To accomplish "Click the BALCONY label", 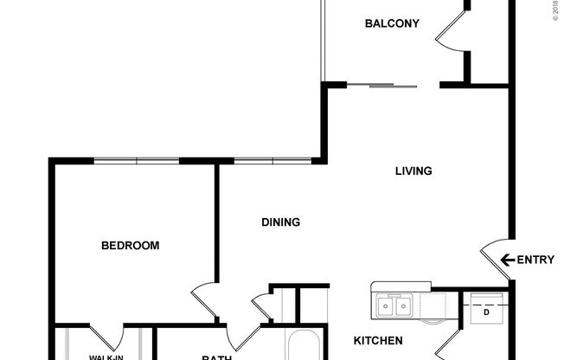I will (392, 23).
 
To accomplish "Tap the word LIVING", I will (413, 171).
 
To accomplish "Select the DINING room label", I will (280, 222).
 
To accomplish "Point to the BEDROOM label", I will (131, 246).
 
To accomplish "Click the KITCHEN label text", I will (377, 340).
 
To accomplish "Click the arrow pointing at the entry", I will (508, 260).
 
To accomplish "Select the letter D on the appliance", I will (486, 312).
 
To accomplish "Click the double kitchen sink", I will (394, 305).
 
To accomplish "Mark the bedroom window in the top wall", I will (136, 160).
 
